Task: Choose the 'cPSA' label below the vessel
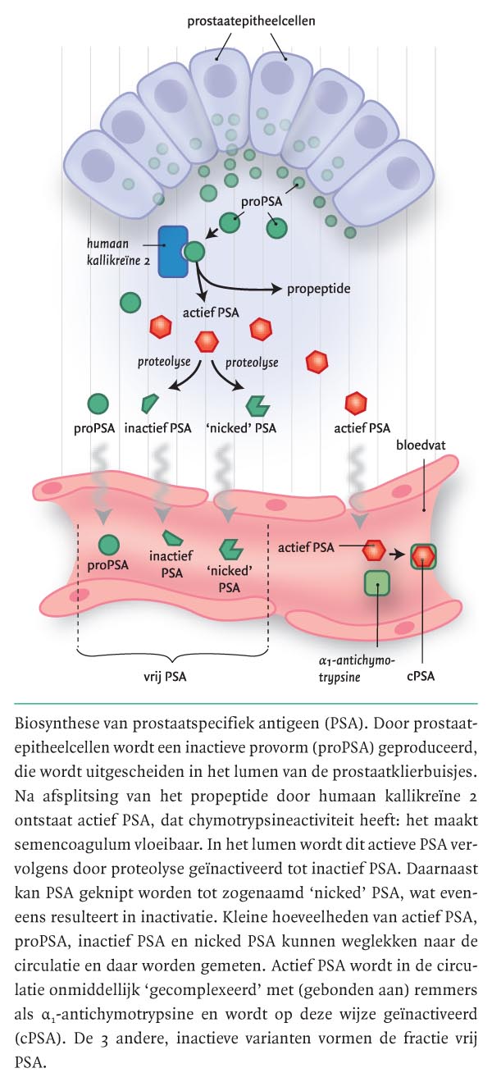click(x=423, y=678)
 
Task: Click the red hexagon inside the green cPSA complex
click(x=423, y=555)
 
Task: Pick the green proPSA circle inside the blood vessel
click(x=108, y=544)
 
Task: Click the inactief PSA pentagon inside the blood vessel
click(x=172, y=538)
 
